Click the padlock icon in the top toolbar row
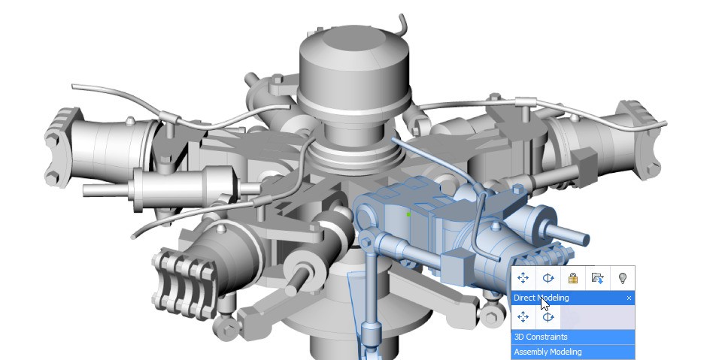click(x=573, y=278)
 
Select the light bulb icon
click(x=622, y=278)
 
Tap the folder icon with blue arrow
click(x=597, y=278)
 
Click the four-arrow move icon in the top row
click(x=523, y=278)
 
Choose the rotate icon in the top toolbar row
click(x=548, y=278)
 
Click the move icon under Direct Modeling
click(x=523, y=317)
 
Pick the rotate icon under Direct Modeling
click(x=548, y=317)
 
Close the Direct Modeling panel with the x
click(x=629, y=298)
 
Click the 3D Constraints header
click(x=541, y=337)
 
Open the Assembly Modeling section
click(x=548, y=352)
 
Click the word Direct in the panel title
click(x=524, y=298)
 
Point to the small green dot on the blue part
click(x=408, y=214)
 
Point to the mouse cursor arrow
click(x=545, y=305)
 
